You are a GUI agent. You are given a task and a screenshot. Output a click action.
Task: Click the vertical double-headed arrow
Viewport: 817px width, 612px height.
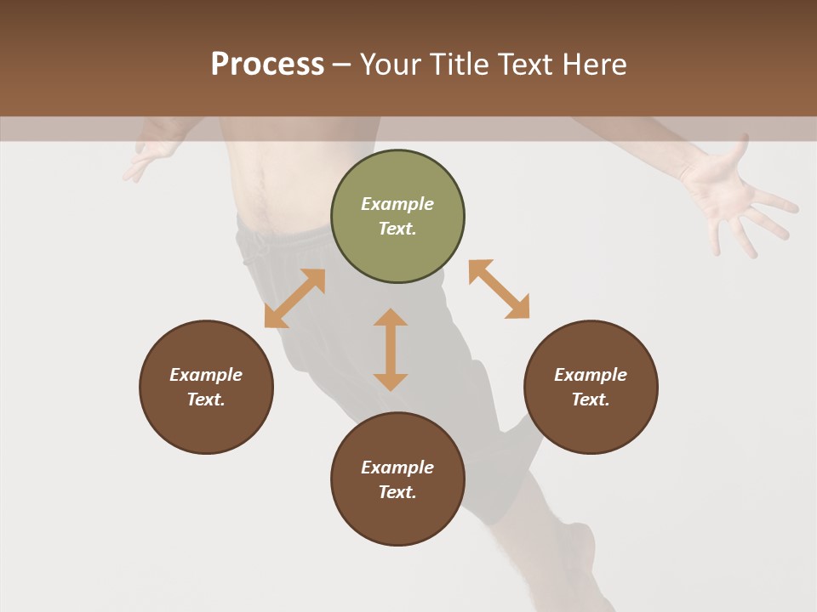391,349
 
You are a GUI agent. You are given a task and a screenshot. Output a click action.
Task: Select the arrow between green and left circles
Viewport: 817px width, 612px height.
294,298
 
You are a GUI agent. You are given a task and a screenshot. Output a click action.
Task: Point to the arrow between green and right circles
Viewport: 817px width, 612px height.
499,289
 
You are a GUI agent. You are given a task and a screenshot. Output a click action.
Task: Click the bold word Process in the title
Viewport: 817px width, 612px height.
267,64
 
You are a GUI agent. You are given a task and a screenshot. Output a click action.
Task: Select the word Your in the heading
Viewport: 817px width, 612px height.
392,64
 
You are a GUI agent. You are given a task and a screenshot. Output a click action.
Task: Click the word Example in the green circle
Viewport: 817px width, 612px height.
397,204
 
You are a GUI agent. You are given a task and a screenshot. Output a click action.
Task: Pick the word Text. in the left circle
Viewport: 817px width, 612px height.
206,399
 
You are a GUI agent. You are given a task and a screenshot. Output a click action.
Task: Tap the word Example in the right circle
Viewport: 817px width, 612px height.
591,375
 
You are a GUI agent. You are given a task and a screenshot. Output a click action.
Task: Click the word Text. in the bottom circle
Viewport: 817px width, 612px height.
397,492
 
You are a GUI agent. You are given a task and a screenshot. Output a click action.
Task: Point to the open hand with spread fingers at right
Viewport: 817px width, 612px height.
732,200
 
